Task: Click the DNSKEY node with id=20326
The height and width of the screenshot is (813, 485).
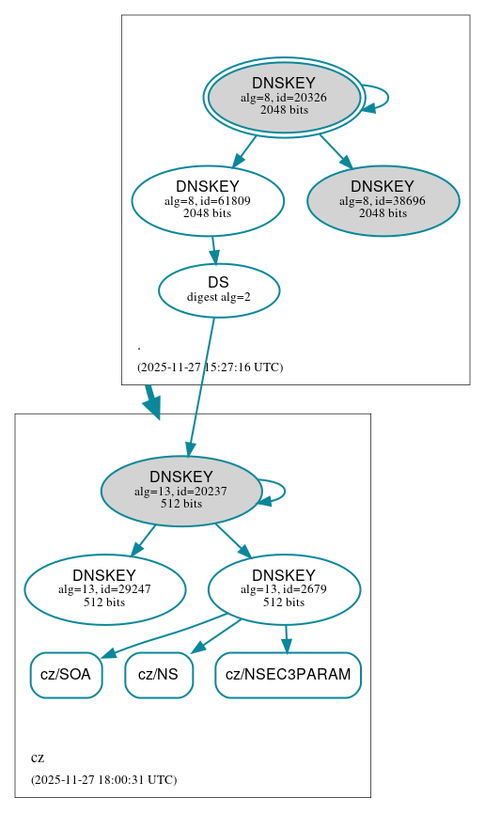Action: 284,97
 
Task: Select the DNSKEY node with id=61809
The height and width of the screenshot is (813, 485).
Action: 208,200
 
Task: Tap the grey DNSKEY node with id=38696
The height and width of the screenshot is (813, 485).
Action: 383,200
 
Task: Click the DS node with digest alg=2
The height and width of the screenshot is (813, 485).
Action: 218,289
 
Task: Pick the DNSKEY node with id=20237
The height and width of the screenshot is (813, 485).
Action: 181,491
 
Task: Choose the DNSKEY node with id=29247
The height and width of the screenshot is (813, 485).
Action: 104,589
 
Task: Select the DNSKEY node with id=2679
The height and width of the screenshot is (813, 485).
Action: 284,589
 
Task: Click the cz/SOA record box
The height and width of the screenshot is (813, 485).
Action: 66,675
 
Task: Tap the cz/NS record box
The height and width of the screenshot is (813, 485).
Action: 158,675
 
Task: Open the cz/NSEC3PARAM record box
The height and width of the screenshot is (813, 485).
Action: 288,675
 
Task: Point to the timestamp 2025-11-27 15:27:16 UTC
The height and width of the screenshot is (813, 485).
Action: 210,367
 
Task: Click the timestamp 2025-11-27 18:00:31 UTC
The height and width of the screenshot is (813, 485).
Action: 103,779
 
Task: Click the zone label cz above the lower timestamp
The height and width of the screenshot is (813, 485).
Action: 38,758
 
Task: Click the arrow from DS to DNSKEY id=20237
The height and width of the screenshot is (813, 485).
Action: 201,385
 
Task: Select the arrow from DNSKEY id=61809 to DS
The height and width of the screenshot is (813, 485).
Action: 214,250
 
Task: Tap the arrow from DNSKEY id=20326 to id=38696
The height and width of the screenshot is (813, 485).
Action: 336,151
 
